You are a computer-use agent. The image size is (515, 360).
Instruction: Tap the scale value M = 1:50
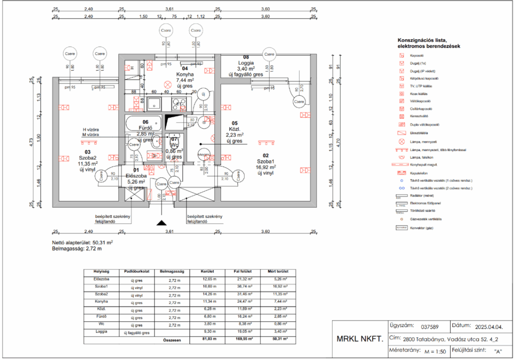[435, 351]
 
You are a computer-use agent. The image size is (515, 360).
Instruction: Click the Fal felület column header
[244, 271]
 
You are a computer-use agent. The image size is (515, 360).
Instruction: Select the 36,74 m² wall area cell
[244, 287]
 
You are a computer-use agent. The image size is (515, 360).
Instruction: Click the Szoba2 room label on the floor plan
[87, 157]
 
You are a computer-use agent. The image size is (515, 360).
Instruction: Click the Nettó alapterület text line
[82, 242]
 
